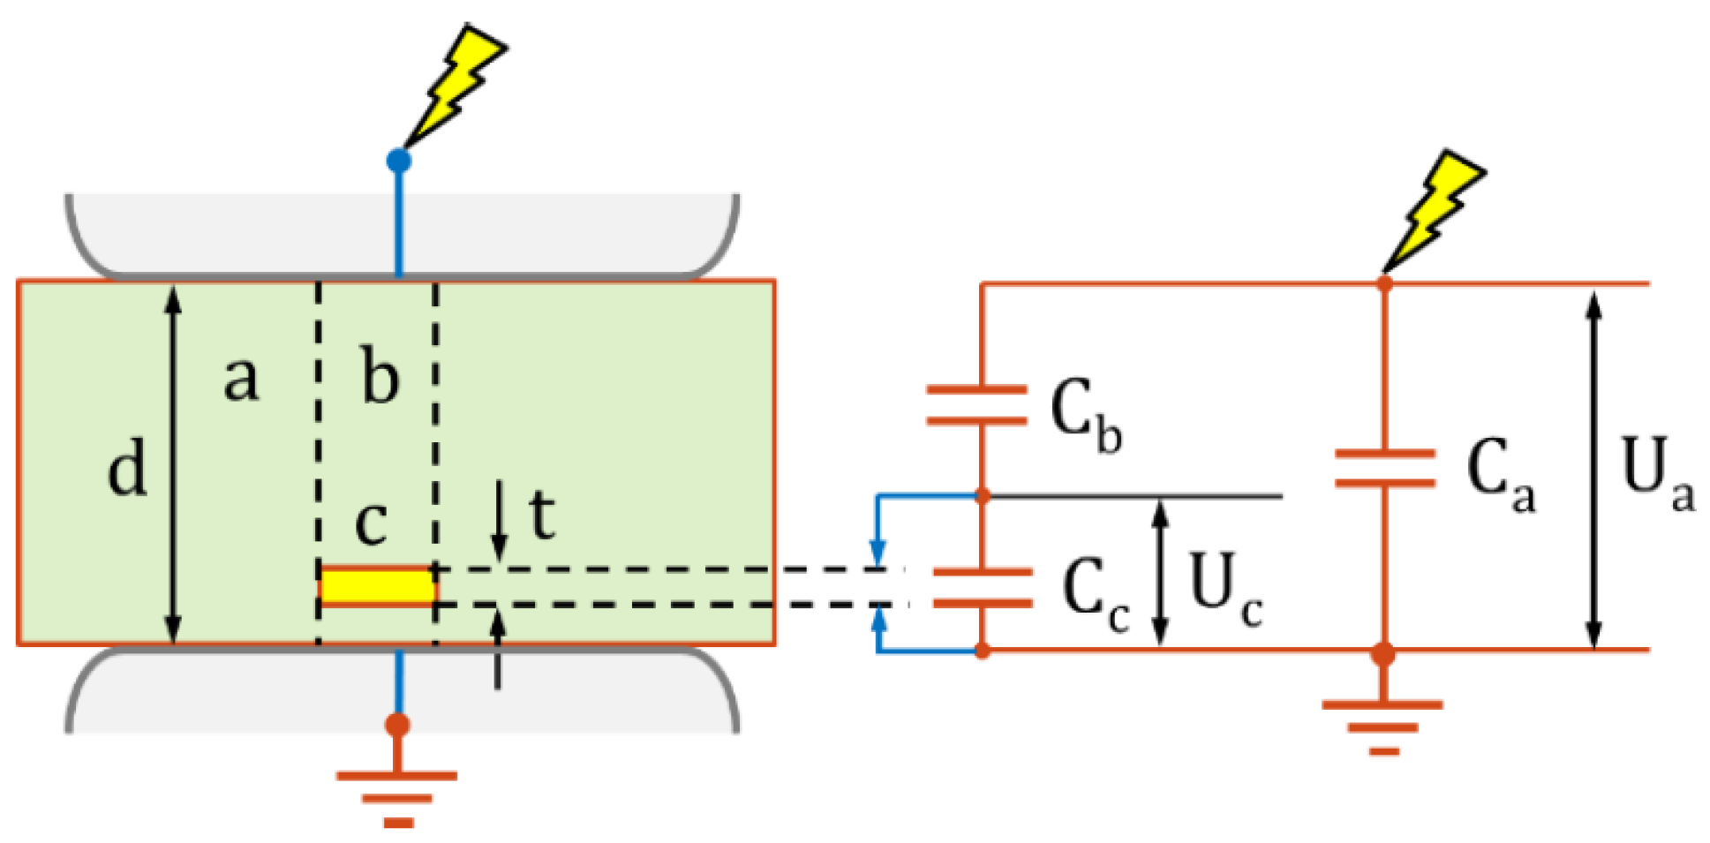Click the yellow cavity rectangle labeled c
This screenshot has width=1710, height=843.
(x=377, y=586)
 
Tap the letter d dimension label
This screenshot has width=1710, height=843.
(x=128, y=469)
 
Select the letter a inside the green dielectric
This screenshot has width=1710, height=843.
(x=240, y=379)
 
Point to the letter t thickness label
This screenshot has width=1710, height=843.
(x=541, y=514)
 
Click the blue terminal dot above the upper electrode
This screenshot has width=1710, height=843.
(x=399, y=161)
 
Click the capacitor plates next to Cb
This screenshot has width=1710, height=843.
(x=976, y=405)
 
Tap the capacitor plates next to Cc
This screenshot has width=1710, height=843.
(x=982, y=588)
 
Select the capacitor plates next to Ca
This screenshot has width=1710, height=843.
(x=1384, y=469)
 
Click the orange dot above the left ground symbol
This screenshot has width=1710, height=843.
(x=398, y=725)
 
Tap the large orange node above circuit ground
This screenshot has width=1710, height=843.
(x=1383, y=654)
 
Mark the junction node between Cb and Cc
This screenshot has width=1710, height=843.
(x=983, y=497)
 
